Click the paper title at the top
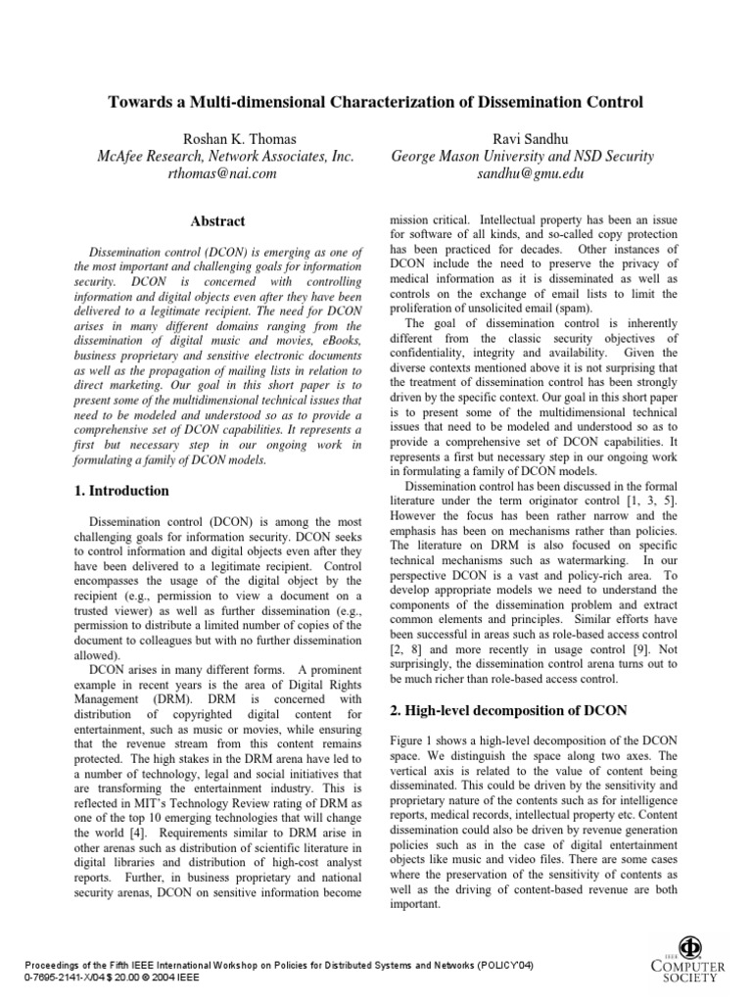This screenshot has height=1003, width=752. click(375, 101)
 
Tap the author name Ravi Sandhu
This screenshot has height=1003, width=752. click(522, 137)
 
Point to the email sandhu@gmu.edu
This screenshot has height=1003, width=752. click(522, 173)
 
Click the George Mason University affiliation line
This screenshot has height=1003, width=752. click(522, 156)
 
